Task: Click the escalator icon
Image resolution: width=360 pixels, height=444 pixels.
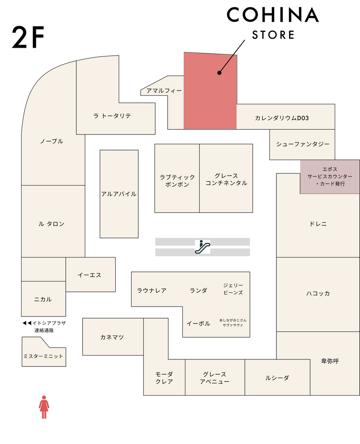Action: tap(202, 247)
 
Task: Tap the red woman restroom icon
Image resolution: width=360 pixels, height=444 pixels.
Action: tap(44, 407)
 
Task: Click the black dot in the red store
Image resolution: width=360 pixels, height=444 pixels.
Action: tap(219, 73)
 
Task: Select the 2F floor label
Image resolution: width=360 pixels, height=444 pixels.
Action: tap(28, 37)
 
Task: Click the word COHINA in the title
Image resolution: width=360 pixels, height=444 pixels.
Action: tap(273, 15)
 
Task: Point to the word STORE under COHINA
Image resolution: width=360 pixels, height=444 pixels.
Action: tap(273, 35)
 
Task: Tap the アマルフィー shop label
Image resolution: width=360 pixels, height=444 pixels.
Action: tap(164, 91)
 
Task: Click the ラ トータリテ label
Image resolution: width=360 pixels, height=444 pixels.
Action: tap(112, 116)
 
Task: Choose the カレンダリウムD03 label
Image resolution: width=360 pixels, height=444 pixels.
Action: tap(282, 118)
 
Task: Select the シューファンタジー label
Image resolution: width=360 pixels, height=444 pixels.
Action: tap(303, 144)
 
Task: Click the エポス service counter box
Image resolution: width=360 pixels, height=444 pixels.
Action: tap(330, 177)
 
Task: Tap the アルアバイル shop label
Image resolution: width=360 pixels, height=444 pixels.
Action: tap(119, 194)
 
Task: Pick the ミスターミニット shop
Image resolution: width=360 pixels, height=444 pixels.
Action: tap(44, 352)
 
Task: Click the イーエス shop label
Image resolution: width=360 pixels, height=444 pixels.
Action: tap(89, 275)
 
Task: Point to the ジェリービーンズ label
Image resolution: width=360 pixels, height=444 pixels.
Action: tap(233, 289)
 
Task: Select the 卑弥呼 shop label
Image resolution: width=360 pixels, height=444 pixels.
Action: tap(330, 361)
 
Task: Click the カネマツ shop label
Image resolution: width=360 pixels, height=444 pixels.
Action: tap(112, 337)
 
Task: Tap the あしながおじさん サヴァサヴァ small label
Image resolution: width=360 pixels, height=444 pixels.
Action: tap(233, 323)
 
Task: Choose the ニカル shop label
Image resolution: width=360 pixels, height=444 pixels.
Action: tap(43, 299)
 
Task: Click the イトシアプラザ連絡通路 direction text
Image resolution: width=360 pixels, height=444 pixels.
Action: tap(44, 326)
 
